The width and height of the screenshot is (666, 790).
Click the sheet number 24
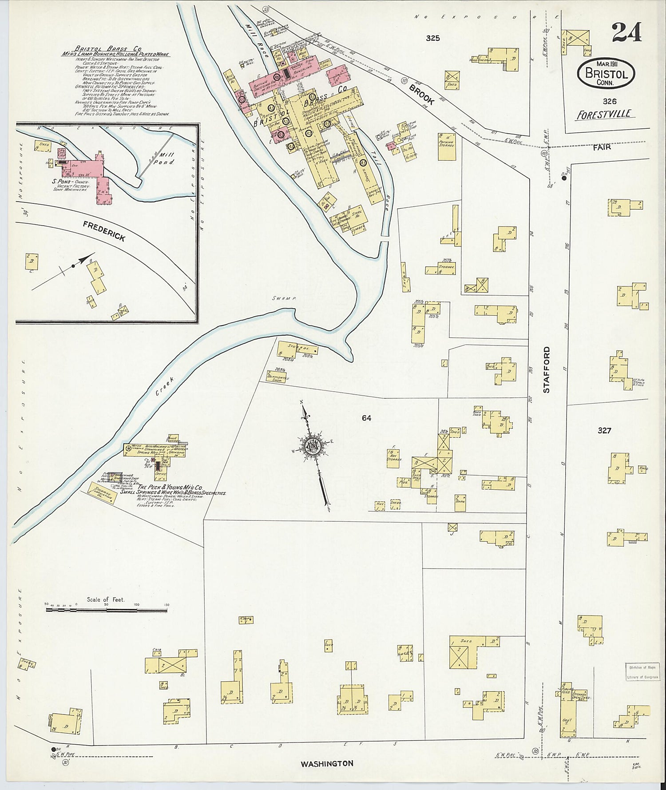point(626,32)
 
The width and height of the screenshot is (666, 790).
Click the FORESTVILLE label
point(605,115)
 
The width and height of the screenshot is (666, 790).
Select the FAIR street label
point(601,147)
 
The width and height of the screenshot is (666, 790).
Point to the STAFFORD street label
point(547,369)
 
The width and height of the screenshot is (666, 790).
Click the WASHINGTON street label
point(327,763)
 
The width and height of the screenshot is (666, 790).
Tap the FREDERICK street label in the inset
point(104,231)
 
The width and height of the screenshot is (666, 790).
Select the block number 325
point(432,38)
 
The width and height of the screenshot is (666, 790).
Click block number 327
point(604,430)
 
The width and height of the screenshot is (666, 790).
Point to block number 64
point(366,418)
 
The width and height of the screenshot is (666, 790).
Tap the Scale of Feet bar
point(107,611)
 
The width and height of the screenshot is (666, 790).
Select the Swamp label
point(285,298)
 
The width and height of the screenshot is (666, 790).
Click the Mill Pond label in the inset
point(168,159)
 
